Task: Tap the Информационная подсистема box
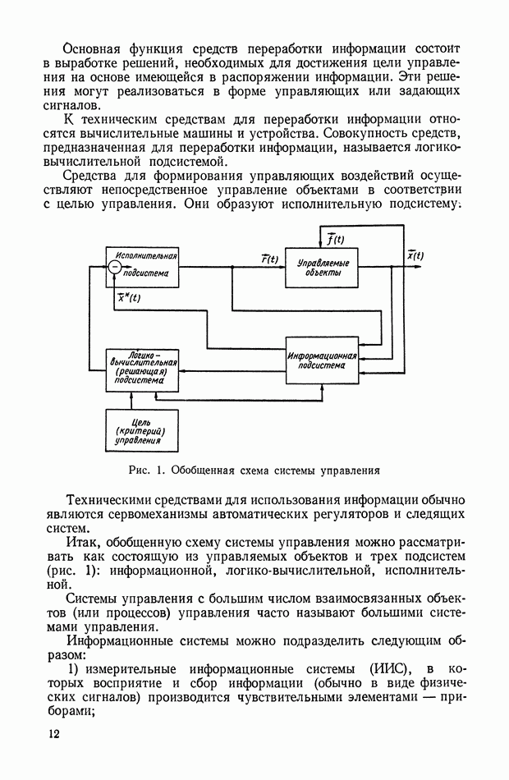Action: click(322, 360)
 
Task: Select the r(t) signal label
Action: click(268, 259)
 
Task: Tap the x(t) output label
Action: click(414, 255)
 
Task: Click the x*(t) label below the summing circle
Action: click(128, 298)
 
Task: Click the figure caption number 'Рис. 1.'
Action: click(144, 472)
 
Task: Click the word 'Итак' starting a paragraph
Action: click(81, 544)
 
